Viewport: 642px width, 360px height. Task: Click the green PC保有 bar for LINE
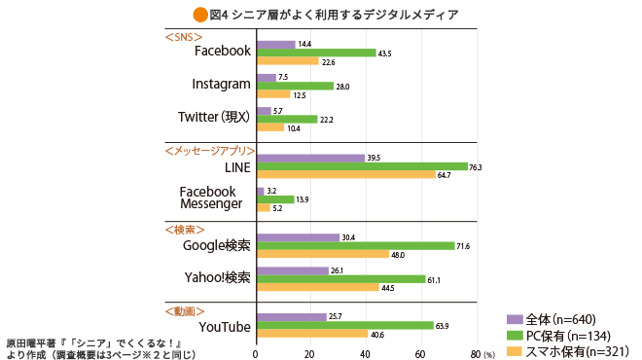(361, 166)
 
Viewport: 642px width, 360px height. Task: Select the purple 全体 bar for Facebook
(275, 44)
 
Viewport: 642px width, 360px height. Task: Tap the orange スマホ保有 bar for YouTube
(311, 334)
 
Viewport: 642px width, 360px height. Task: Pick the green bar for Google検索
(355, 246)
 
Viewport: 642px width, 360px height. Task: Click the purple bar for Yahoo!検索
(292, 270)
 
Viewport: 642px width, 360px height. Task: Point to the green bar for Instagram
(295, 86)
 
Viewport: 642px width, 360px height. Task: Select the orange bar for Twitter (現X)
(270, 127)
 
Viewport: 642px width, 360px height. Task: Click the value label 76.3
(477, 166)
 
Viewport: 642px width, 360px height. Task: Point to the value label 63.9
(443, 325)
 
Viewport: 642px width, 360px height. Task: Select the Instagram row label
(222, 85)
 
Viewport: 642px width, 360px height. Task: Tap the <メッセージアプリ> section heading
(209, 151)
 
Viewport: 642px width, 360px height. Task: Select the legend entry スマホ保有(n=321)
(568, 350)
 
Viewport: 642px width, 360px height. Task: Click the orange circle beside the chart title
(200, 14)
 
